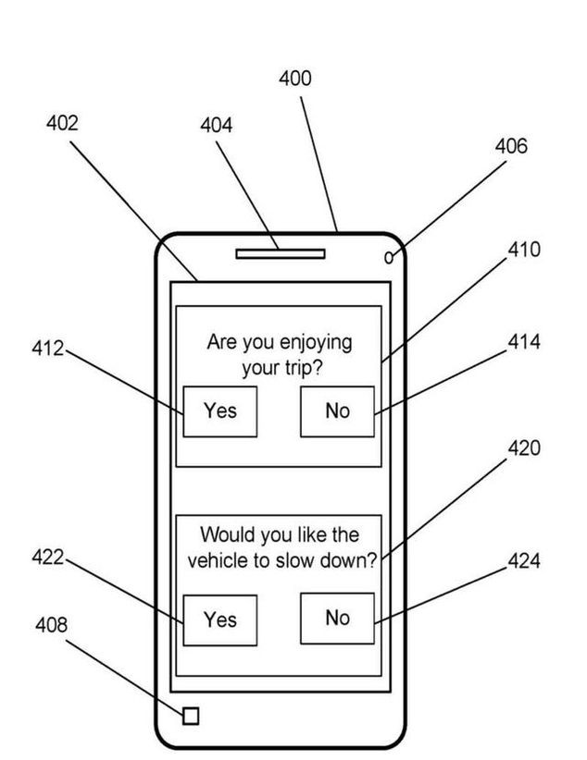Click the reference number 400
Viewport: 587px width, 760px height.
[x=295, y=79]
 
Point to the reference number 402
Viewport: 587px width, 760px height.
[x=62, y=123]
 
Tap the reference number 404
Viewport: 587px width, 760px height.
[x=217, y=126]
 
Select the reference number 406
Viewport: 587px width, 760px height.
[x=511, y=146]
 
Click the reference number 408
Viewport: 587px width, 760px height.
[x=51, y=626]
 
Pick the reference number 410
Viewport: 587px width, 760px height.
[x=524, y=250]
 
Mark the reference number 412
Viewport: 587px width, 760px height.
[x=47, y=349]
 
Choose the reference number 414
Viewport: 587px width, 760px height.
[x=524, y=343]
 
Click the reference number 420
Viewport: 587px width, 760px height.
[x=524, y=448]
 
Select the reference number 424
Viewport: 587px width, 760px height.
[x=524, y=561]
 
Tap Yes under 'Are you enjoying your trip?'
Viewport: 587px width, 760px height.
[x=219, y=411]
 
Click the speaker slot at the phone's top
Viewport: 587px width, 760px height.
[x=280, y=253]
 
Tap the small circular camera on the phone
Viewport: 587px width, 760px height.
[x=389, y=258]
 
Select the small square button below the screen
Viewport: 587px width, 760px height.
[x=191, y=716]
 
